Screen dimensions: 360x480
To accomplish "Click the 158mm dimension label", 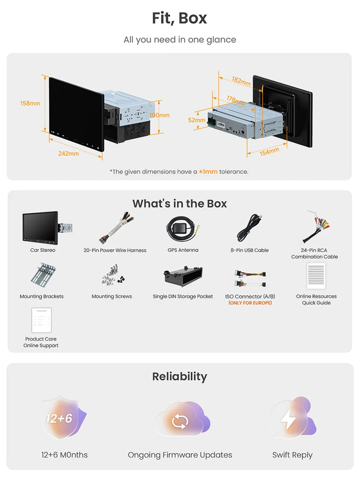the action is [30, 104].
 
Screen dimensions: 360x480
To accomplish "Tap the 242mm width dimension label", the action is [68, 154].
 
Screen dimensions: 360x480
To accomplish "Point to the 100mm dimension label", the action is [159, 115].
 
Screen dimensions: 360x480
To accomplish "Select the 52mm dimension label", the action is [197, 120].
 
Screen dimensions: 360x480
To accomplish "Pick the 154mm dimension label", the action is [269, 152].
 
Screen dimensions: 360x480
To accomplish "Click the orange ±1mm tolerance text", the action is [208, 172].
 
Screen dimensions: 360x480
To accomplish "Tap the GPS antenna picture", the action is [183, 228].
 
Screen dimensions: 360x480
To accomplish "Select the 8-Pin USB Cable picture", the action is [249, 228].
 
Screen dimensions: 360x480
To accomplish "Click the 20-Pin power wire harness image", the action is [116, 227].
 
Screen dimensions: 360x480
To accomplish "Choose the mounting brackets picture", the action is [43, 275].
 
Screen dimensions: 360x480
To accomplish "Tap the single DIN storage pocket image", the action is [183, 276].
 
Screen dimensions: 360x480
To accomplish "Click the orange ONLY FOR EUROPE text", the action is [250, 303].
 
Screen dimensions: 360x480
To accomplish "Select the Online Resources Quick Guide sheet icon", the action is [316, 276].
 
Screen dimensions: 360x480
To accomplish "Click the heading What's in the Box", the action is [180, 203].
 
